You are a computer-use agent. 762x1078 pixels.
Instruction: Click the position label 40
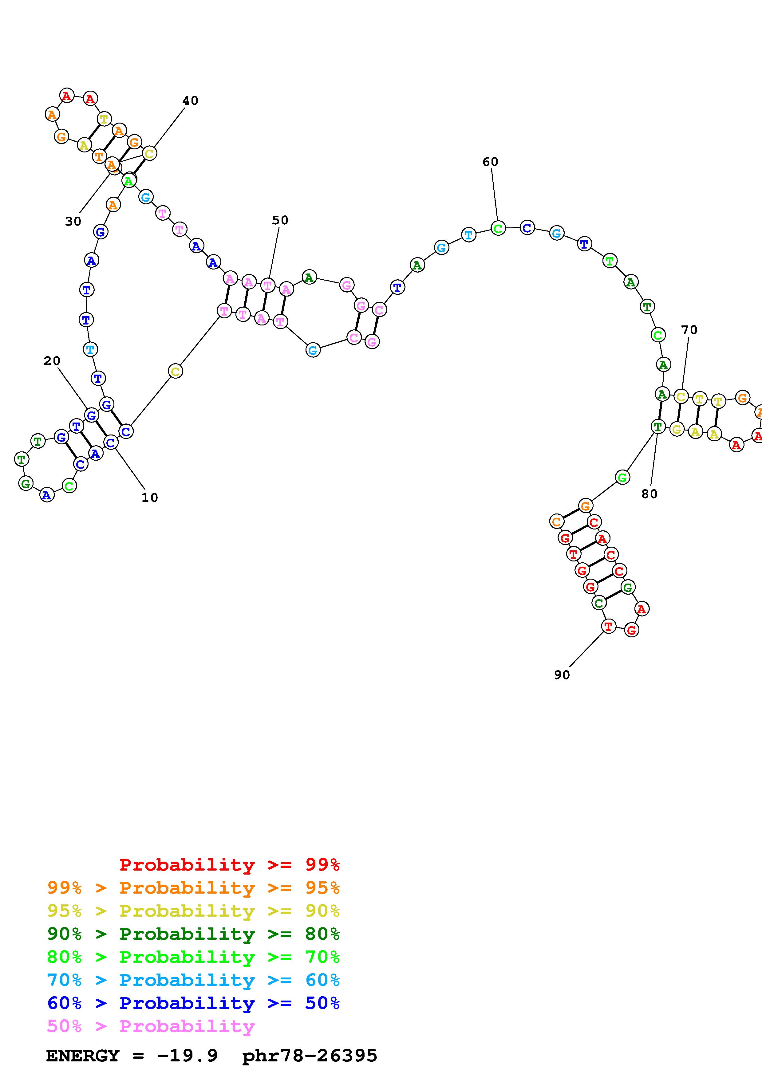point(190,100)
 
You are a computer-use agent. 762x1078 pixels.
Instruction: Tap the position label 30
point(73,221)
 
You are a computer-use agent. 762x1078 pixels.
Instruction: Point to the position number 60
point(490,162)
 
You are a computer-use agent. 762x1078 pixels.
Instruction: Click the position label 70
point(689,330)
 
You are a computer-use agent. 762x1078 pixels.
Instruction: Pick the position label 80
point(649,494)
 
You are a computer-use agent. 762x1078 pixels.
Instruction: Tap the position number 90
point(562,675)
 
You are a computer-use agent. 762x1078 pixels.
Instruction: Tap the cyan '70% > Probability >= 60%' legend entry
point(193,980)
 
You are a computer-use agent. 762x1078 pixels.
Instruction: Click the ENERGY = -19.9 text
point(132,1056)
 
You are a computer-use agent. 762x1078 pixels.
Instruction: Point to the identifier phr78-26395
point(310,1056)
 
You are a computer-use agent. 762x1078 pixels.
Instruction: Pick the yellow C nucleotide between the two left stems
point(175,372)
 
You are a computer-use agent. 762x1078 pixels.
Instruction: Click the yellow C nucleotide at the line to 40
point(149,154)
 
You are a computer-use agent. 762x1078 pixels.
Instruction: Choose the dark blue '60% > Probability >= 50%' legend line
point(193,1003)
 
